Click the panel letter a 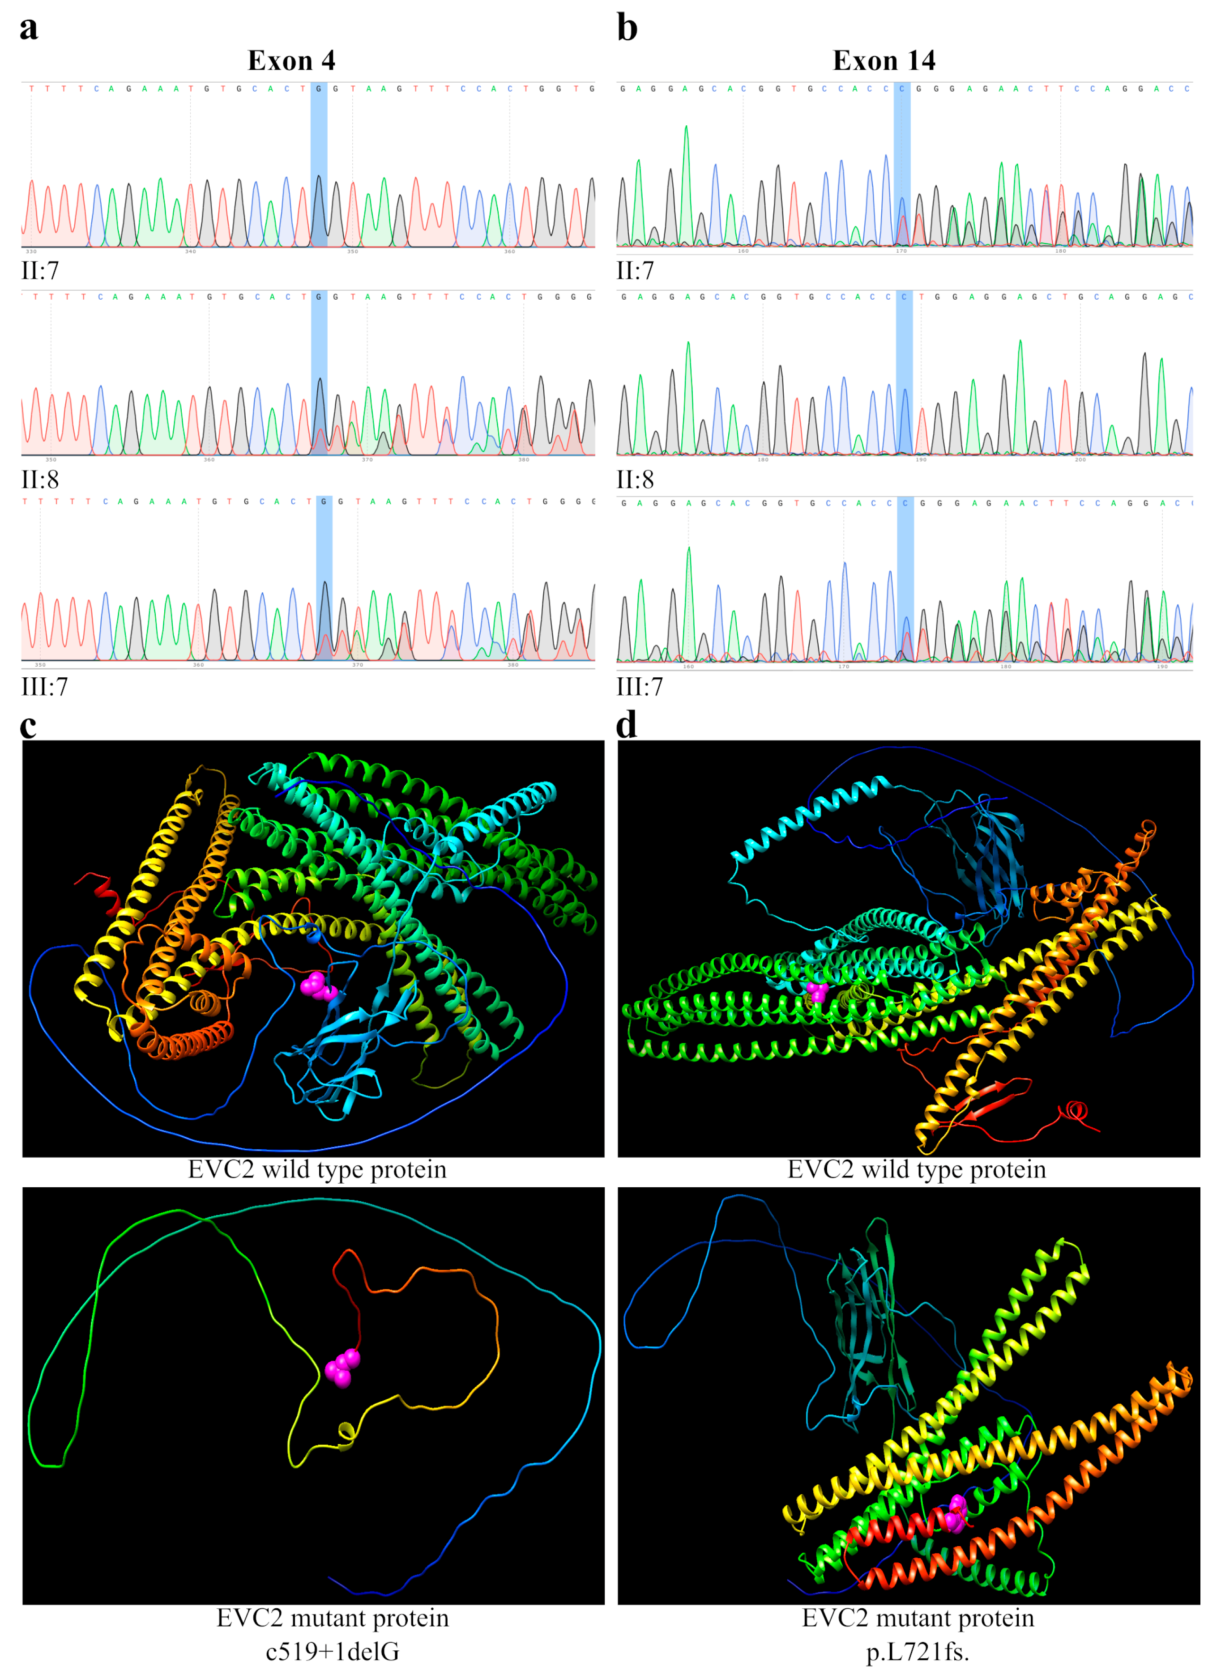29,28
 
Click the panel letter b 627,28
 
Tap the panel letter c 28,726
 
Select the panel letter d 627,726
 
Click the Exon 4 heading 291,60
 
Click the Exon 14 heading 884,60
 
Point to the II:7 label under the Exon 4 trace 40,271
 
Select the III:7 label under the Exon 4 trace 44,687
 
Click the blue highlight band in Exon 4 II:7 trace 319,164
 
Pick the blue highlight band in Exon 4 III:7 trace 324,578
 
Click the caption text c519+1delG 333,1652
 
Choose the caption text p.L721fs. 917,1652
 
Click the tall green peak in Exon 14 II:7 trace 686,185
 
